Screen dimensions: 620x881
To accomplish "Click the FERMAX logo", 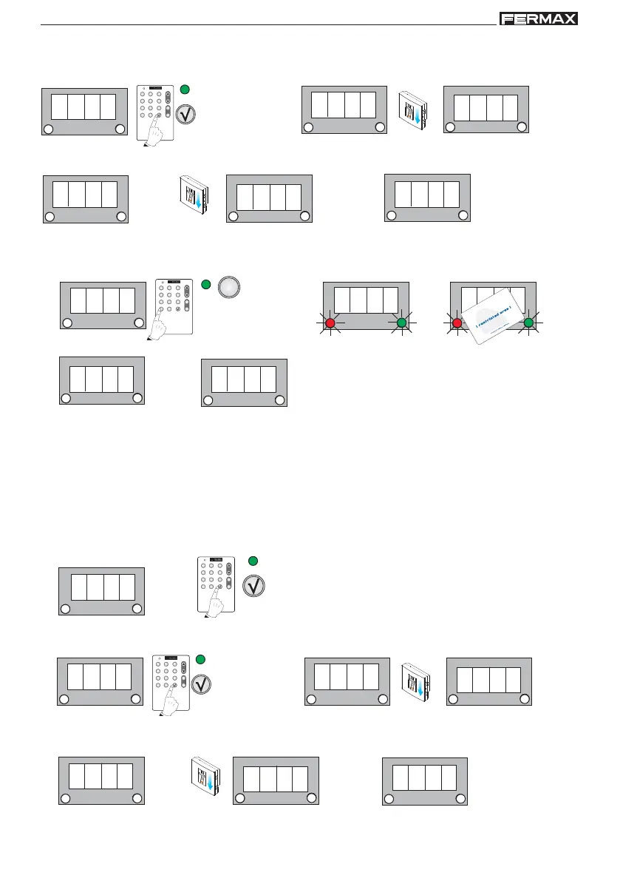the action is click(x=538, y=18).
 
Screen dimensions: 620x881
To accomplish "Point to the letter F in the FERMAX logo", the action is click(x=507, y=18).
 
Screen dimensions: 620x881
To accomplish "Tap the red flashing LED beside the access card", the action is click(x=457, y=323).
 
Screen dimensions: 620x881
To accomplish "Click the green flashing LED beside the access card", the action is click(x=529, y=323).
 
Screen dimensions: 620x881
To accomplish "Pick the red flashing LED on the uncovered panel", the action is click(x=330, y=323).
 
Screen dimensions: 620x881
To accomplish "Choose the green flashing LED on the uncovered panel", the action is click(x=401, y=323).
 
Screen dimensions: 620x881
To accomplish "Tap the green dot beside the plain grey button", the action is click(x=206, y=284).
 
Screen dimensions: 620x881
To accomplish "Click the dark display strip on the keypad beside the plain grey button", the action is click(x=175, y=282).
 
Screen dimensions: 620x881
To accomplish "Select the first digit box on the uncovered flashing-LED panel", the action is click(x=342, y=300).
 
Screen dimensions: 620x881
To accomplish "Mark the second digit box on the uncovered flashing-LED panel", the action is click(x=359, y=300).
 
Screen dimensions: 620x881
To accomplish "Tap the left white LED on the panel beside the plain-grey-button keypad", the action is click(x=67, y=323).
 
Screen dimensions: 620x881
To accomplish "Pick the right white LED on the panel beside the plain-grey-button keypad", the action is click(x=138, y=323).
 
